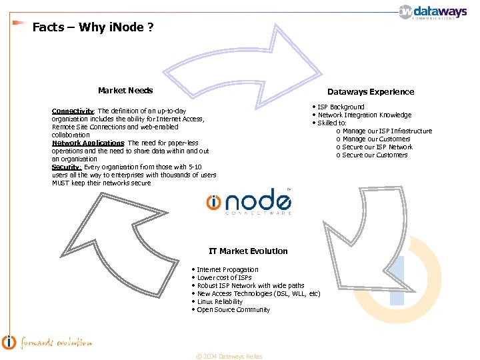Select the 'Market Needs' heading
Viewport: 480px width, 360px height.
click(125, 91)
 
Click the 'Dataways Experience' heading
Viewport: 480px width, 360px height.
click(370, 92)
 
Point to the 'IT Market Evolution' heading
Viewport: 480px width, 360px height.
click(248, 251)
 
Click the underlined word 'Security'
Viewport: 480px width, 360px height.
click(66, 167)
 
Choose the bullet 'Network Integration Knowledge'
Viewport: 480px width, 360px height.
click(364, 115)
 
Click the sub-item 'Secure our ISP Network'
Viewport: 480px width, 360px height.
click(377, 147)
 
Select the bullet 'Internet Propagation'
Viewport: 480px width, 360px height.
click(227, 270)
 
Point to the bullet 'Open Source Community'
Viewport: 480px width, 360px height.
click(233, 310)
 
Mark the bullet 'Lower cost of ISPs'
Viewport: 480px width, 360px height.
click(225, 278)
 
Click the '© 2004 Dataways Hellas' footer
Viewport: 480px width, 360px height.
click(229, 357)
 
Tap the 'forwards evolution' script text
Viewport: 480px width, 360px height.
click(56, 343)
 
